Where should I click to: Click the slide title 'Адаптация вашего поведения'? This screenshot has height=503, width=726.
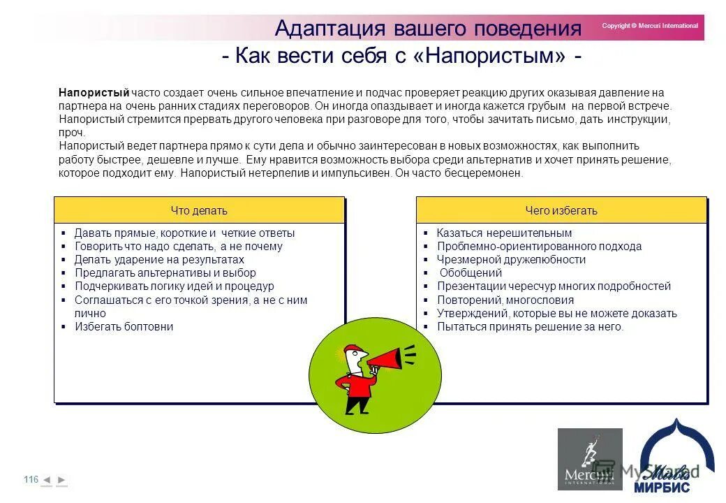(428, 29)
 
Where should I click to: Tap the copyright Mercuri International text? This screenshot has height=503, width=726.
(649, 26)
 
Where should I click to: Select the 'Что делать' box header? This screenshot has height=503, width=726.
(199, 210)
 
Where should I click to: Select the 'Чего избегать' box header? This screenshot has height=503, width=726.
(561, 210)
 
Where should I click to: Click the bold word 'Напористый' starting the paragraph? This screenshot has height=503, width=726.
(94, 92)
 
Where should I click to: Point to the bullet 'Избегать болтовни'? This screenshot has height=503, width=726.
(124, 326)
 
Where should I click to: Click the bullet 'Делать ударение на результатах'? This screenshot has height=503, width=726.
(159, 259)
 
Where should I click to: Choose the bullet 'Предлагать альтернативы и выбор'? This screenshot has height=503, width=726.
(165, 272)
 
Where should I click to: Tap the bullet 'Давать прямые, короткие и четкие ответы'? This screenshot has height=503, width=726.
(184, 233)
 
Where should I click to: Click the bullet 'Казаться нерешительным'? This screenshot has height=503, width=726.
(504, 233)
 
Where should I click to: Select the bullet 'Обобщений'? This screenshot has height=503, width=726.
(471, 272)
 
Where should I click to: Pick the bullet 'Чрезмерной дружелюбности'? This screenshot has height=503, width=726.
(511, 259)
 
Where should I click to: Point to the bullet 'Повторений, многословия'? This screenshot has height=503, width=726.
(505, 300)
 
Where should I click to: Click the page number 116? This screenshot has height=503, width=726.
(31, 479)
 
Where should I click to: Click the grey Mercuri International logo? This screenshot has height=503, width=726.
(589, 459)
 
